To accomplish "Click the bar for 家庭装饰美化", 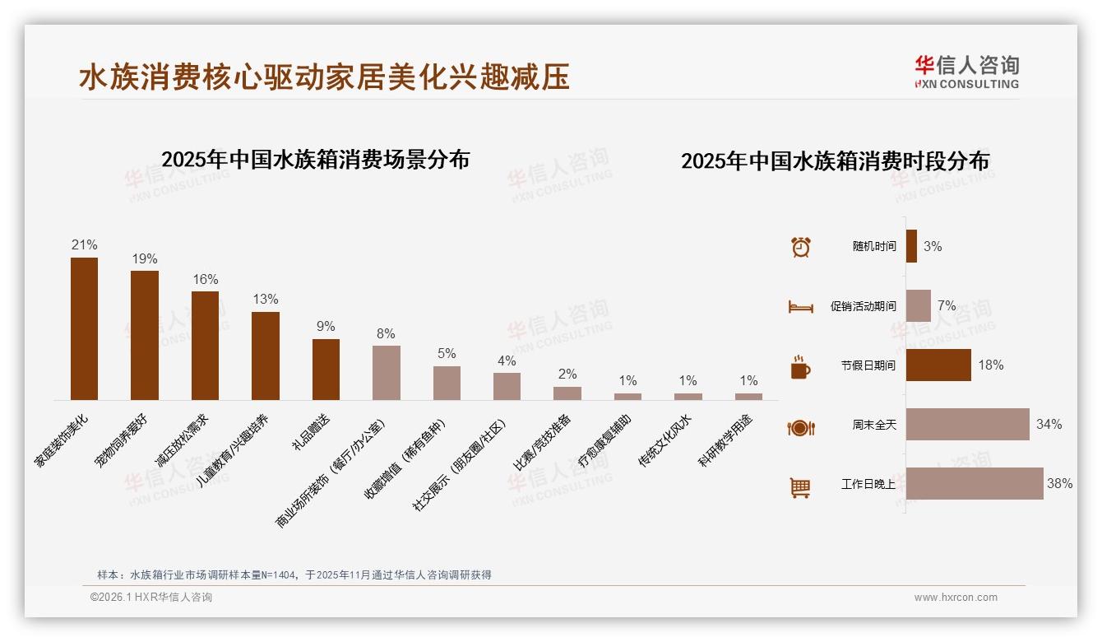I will (x=84, y=328).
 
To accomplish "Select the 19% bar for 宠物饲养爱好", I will (x=145, y=335).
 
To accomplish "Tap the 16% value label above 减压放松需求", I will (x=206, y=280).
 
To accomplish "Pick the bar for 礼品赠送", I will (x=326, y=370).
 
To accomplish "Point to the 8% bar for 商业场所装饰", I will (x=387, y=373).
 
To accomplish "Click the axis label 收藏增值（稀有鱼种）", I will (x=405, y=461).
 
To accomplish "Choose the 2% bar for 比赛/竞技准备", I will (x=567, y=393).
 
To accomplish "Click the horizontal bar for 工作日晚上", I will (x=975, y=484).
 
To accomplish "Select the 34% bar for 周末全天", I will (x=968, y=425).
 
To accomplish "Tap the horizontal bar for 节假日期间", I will (x=938, y=365).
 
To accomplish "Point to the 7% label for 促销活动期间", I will (x=947, y=306).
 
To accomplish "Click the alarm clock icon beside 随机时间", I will (x=801, y=247).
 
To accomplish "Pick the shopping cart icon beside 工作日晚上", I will (x=800, y=487).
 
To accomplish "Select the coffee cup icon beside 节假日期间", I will (x=800, y=367).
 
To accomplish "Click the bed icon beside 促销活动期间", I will (x=800, y=307).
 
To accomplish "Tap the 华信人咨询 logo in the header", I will (x=967, y=72).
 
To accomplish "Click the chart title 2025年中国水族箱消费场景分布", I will (x=316, y=160).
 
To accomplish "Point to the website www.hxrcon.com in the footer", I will (x=956, y=598).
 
